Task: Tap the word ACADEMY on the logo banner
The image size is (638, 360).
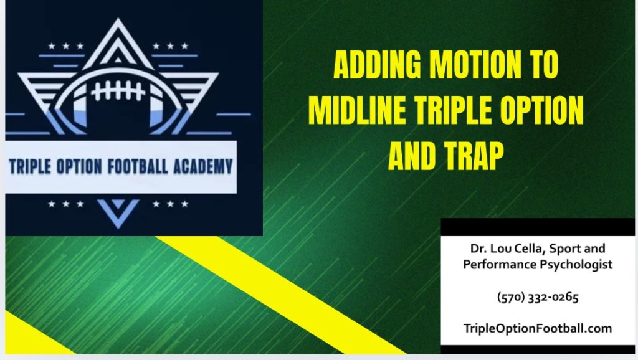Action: click(x=201, y=167)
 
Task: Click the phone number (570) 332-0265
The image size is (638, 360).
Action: click(x=538, y=297)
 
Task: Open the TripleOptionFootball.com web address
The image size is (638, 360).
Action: click(x=538, y=328)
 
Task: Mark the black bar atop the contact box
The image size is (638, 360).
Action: click(x=538, y=226)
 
